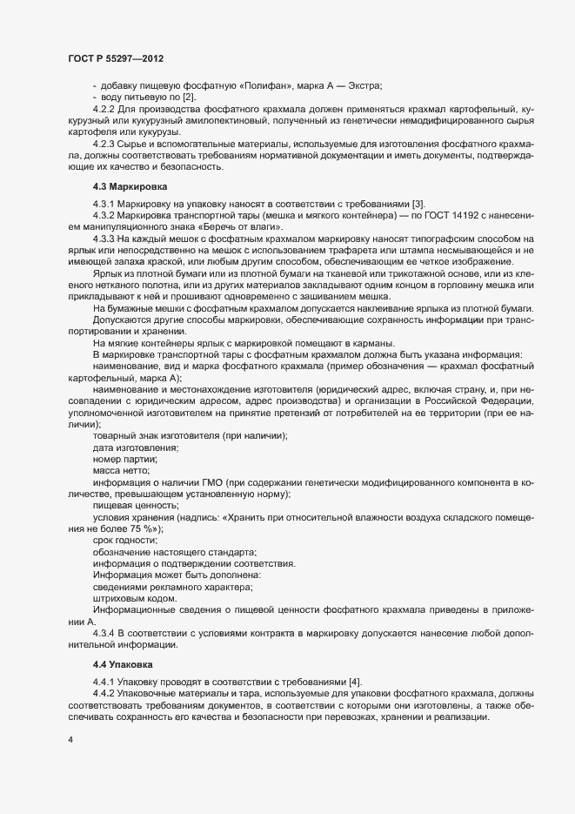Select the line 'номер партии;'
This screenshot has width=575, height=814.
125,458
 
